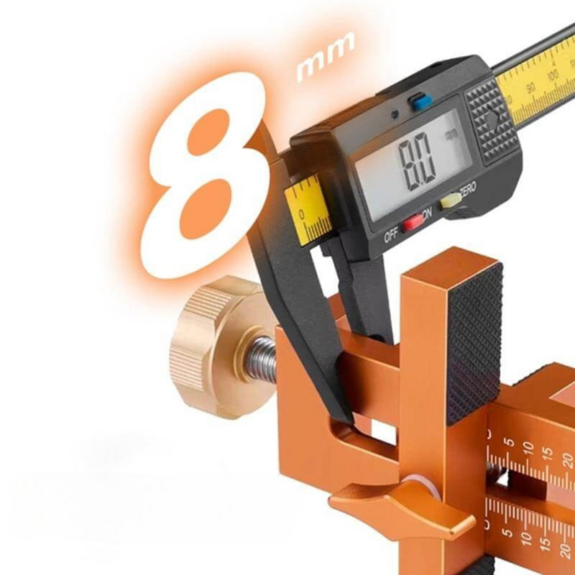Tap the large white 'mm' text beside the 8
(326, 56)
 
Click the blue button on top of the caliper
(420, 101)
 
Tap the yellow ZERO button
(451, 201)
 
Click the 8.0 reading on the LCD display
(417, 160)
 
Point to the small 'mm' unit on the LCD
(451, 134)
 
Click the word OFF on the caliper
(391, 236)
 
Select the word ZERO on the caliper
(469, 188)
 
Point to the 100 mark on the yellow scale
(552, 77)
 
